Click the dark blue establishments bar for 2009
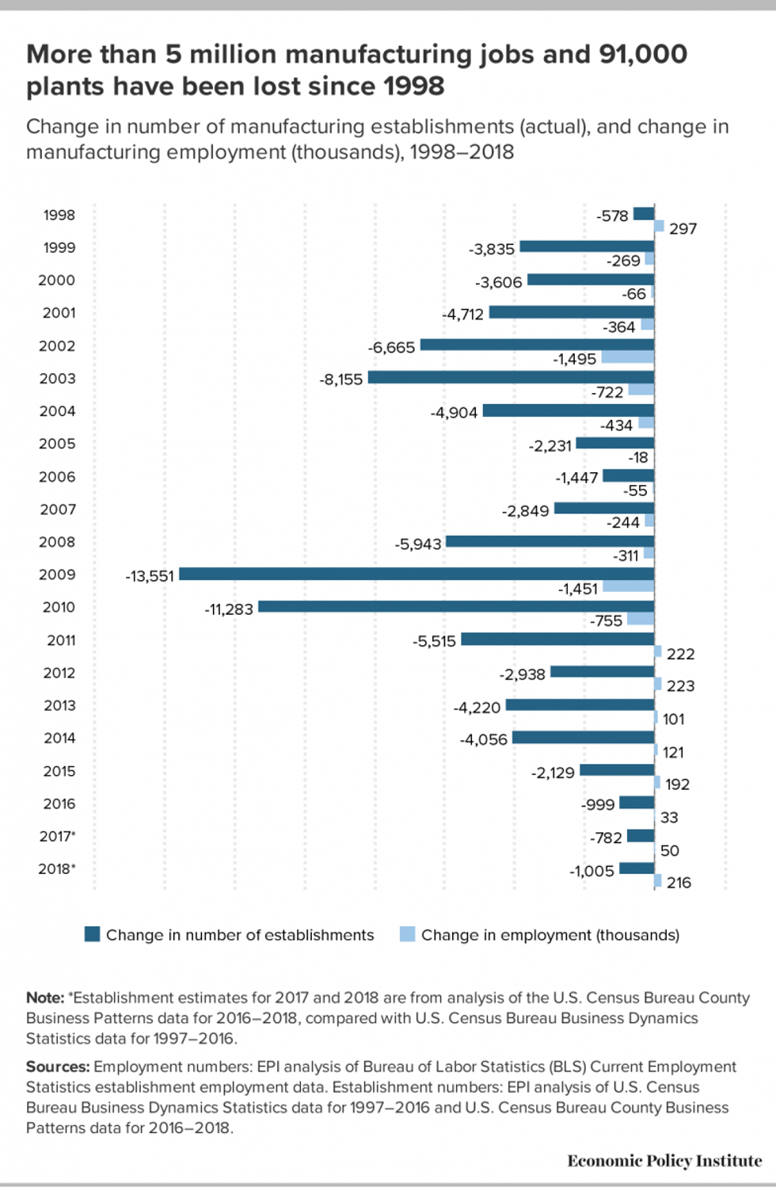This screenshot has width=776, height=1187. (x=417, y=574)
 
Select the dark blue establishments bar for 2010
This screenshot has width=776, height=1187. (x=456, y=606)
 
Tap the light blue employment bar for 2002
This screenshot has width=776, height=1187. (x=627, y=357)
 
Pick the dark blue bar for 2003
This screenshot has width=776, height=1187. (x=511, y=377)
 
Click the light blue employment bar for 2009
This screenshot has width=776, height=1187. (x=628, y=586)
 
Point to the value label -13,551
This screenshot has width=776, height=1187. (x=150, y=576)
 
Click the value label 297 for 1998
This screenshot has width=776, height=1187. (x=683, y=229)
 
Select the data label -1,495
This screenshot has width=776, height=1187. (x=574, y=359)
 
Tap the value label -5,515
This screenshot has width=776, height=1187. (x=434, y=641)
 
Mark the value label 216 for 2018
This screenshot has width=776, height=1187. (x=679, y=883)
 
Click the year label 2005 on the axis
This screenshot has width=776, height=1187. (x=58, y=444)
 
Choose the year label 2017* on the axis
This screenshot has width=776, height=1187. (x=58, y=836)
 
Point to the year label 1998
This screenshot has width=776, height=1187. (x=59, y=216)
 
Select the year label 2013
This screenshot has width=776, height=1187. (x=59, y=705)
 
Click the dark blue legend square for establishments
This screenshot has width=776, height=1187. (x=92, y=934)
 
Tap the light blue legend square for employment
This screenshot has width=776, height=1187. (x=407, y=934)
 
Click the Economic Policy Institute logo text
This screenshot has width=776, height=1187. (x=664, y=1161)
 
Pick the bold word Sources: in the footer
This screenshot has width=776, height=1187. (x=58, y=1067)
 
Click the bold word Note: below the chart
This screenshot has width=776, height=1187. (x=45, y=998)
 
